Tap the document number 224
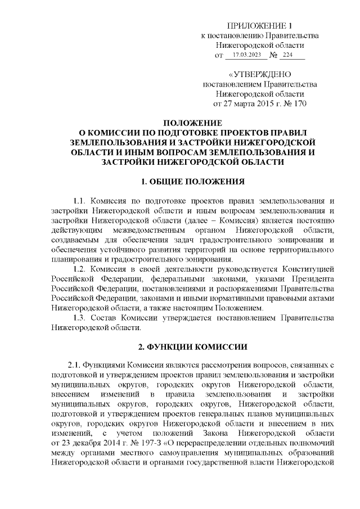289,56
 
